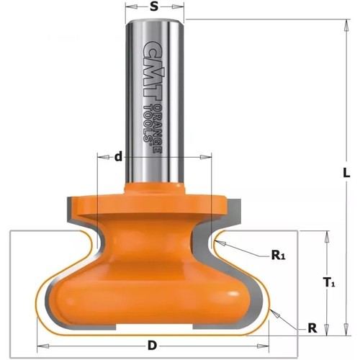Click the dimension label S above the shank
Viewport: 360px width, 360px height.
(155, 6)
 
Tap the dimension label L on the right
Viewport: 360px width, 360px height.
(346, 173)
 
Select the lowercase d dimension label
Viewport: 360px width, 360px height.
(118, 157)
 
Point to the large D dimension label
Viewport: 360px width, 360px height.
(152, 346)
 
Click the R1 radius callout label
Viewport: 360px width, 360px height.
(278, 256)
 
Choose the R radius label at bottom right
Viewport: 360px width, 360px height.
(312, 328)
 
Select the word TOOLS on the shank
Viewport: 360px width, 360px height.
(147, 125)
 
